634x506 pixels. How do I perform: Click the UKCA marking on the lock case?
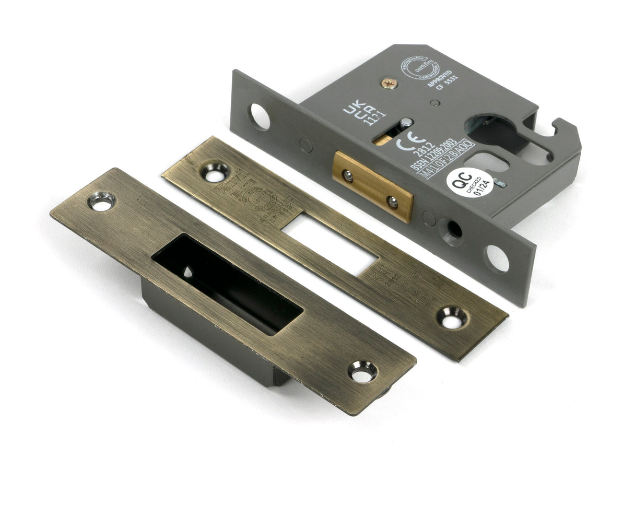coord(358,110)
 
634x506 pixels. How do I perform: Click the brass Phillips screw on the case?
coord(389,83)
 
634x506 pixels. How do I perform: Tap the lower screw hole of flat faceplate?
coord(452,317)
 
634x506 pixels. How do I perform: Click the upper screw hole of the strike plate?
coord(102,201)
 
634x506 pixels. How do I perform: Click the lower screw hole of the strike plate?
coord(362,371)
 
